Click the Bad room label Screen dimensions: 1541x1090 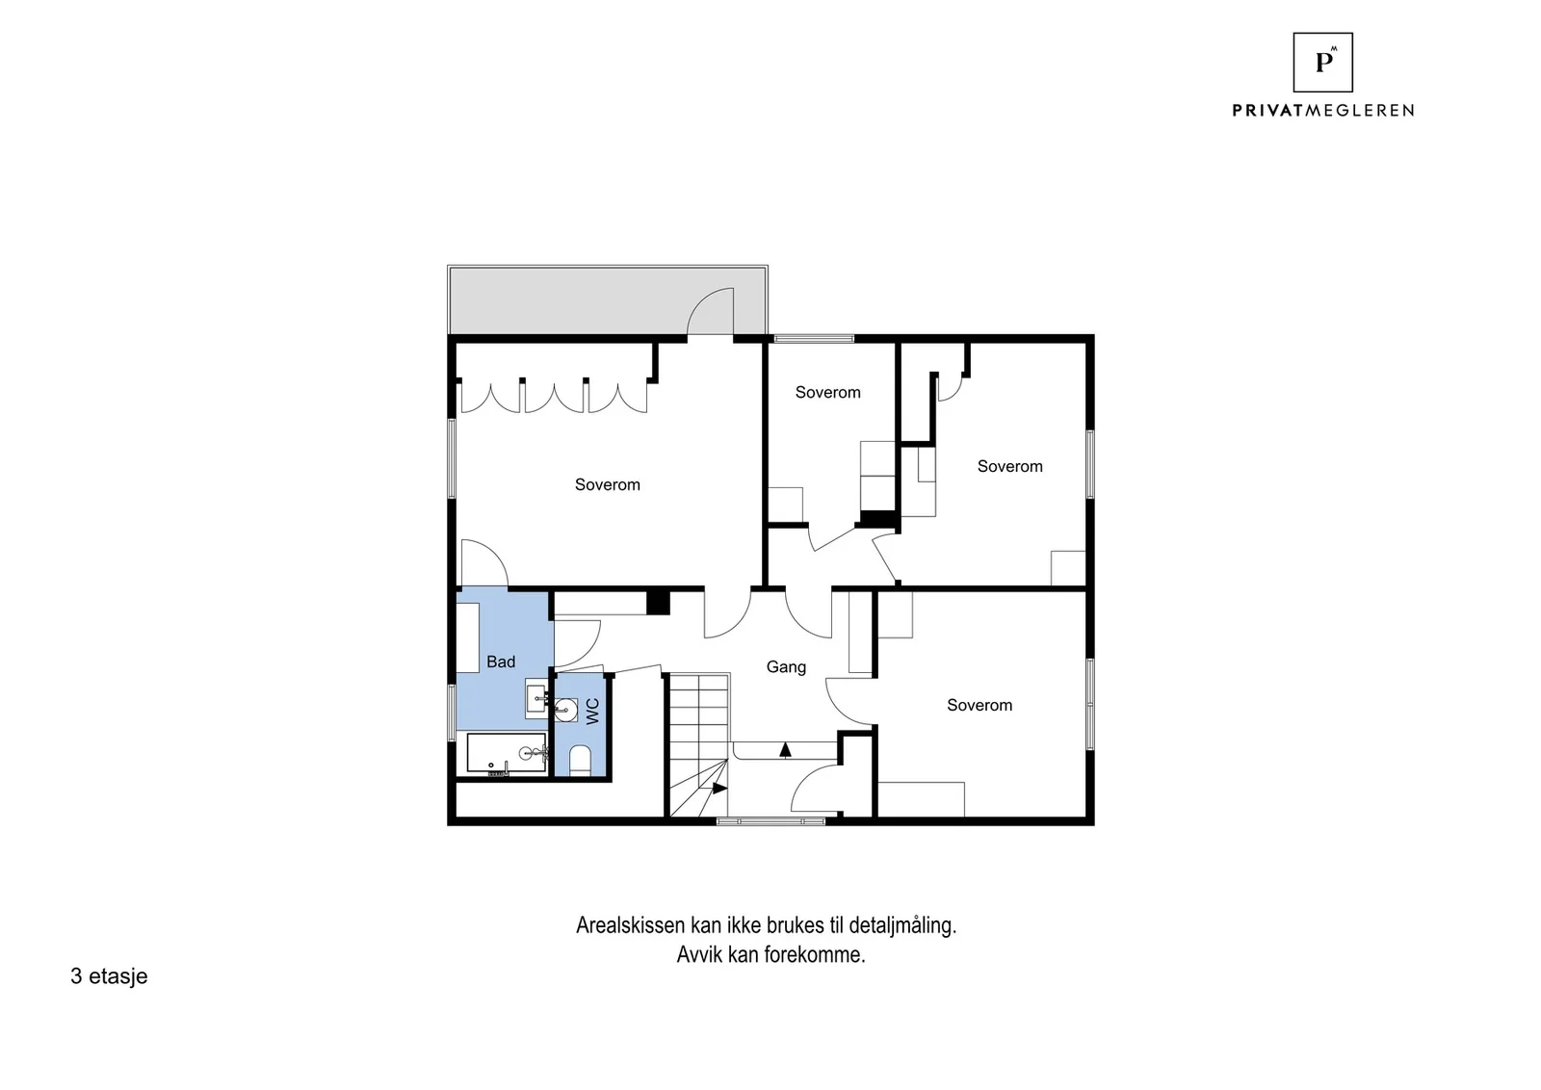pyautogui.click(x=501, y=662)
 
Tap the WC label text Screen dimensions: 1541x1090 pyautogui.click(x=593, y=711)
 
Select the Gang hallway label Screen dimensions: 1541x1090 pyautogui.click(x=786, y=667)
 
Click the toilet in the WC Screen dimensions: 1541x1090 pyautogui.click(x=580, y=761)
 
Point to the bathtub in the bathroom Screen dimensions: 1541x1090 pyautogui.click(x=507, y=753)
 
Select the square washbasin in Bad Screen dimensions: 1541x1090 pyautogui.click(x=536, y=699)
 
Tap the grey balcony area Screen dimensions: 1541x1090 pyautogui.click(x=608, y=300)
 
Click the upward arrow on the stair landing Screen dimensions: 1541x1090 pyautogui.click(x=785, y=749)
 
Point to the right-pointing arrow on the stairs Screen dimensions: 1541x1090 pyautogui.click(x=719, y=788)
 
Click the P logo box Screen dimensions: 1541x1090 pyautogui.click(x=1323, y=63)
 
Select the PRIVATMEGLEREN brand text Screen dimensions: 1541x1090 pyautogui.click(x=1323, y=111)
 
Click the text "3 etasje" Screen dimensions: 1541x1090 pyautogui.click(x=109, y=976)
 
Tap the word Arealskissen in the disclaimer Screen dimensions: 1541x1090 pyautogui.click(x=631, y=925)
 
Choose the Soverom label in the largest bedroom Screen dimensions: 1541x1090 pyautogui.click(x=608, y=485)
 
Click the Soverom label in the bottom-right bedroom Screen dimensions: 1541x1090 pyautogui.click(x=979, y=705)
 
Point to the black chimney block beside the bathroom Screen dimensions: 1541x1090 pyautogui.click(x=659, y=603)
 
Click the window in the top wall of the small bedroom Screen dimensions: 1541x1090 pyautogui.click(x=815, y=338)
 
